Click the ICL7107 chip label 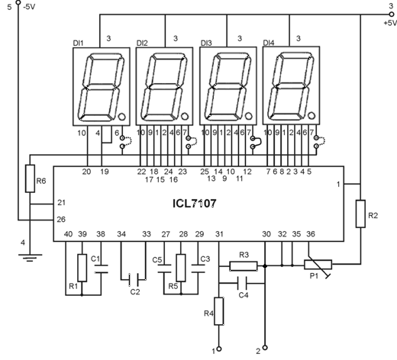click(195, 204)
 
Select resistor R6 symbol click(30, 178)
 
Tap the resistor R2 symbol click(360, 214)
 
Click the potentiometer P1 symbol click(318, 265)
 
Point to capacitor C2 click(134, 279)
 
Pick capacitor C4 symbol click(242, 283)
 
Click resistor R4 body click(219, 311)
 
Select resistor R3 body click(244, 266)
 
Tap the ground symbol click(30, 258)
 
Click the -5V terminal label click(29, 7)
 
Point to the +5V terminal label click(390, 23)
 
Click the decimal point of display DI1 click(121, 117)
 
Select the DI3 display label click(206, 43)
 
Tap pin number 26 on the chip click(61, 219)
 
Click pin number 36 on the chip click(311, 234)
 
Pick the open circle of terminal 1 click(218, 349)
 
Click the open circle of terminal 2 click(265, 348)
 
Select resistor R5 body click(181, 268)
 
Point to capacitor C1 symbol click(101, 269)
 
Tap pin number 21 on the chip click(61, 203)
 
